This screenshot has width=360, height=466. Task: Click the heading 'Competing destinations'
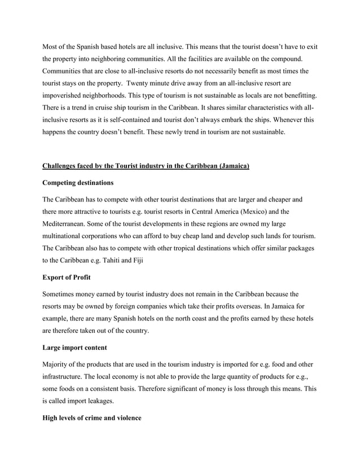[78, 183]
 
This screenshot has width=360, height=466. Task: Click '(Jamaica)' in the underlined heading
[230, 165]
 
